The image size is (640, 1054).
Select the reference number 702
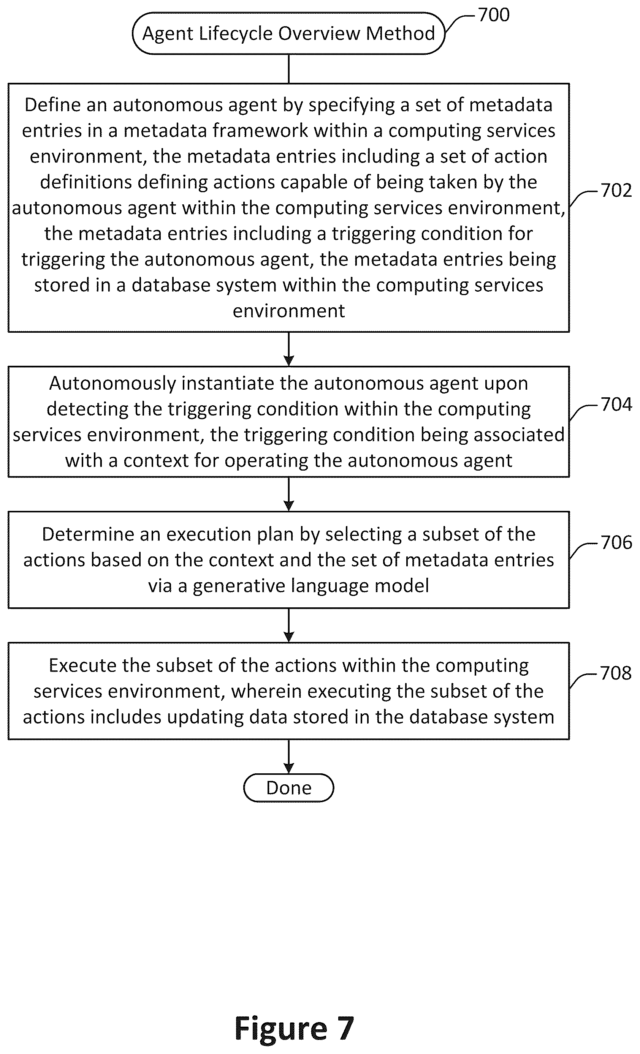click(616, 190)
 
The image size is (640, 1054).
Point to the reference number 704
click(616, 404)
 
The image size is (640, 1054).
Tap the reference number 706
click(616, 542)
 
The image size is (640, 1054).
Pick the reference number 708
click(616, 673)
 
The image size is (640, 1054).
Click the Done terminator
click(288, 787)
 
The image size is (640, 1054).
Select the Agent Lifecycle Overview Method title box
click(288, 33)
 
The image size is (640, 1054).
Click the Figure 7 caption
click(294, 1028)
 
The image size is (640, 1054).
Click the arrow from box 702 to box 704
click(289, 349)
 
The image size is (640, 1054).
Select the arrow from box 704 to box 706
click(289, 494)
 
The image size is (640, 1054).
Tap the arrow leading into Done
click(289, 757)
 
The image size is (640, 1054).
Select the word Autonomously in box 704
click(112, 384)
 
